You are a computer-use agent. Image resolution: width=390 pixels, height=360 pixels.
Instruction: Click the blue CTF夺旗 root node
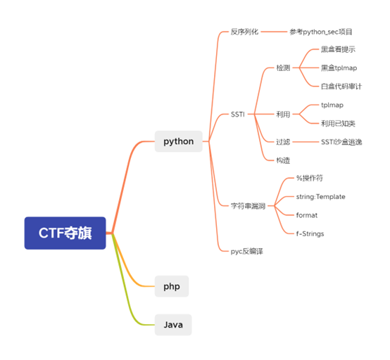coord(65,233)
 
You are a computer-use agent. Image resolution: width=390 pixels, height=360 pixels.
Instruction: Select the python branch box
coord(179,141)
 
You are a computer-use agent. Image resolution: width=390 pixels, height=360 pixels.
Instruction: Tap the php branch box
coord(172,286)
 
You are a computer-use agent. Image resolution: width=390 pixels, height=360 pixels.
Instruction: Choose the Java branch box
coord(173,325)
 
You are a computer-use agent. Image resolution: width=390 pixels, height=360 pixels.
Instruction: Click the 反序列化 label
coord(244,32)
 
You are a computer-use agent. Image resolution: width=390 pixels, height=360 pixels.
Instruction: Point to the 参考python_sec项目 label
coord(321,32)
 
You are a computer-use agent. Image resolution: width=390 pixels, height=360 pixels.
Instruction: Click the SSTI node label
coord(237,115)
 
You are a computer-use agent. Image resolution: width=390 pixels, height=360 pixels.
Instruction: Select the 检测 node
coord(283,67)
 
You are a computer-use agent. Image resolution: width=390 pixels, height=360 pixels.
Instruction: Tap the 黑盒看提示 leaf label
coord(338,49)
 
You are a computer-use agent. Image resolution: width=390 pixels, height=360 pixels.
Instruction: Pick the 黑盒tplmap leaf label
coord(339,68)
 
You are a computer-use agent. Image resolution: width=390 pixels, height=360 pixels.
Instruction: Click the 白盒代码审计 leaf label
coord(341,86)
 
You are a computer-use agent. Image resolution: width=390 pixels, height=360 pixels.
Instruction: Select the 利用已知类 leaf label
coord(338,124)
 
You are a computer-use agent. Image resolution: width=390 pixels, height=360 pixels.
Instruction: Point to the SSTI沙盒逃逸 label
coord(341,142)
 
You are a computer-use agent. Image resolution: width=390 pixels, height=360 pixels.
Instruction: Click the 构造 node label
coord(283,160)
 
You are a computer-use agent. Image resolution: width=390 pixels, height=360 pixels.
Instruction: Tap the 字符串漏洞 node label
coord(248,206)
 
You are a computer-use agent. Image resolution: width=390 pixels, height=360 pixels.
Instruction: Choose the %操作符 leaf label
coord(310,178)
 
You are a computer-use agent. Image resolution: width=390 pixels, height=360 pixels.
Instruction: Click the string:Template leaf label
coord(320,197)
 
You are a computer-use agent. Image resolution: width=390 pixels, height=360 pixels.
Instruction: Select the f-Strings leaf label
coord(310,233)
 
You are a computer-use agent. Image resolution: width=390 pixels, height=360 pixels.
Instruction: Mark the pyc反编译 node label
coord(246,252)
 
